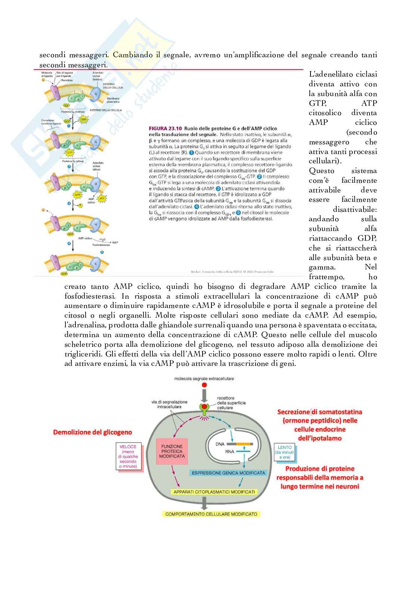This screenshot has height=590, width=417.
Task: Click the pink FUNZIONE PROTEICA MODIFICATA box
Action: click(172, 451)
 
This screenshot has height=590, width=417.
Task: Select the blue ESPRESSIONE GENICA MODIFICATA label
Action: click(228, 473)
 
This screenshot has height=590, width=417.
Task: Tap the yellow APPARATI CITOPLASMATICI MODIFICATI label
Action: click(214, 492)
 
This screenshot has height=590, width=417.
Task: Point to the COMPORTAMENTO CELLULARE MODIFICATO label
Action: click(211, 514)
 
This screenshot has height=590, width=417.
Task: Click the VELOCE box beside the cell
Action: click(128, 457)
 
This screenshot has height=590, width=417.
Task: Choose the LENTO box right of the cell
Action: click(284, 452)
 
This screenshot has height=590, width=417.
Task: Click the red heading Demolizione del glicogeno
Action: click(92, 432)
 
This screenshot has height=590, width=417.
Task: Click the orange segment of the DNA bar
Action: click(245, 444)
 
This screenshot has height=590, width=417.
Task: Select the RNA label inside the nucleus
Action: click(229, 452)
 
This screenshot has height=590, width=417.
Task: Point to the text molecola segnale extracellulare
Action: click(204, 379)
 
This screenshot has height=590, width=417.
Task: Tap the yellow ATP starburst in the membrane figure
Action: click(102, 199)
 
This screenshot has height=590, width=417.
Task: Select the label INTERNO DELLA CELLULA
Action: click(106, 110)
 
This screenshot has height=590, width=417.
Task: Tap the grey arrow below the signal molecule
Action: click(204, 395)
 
